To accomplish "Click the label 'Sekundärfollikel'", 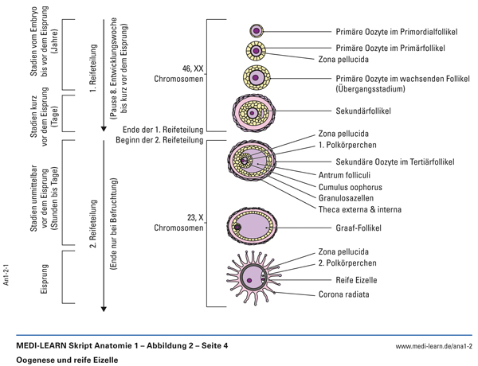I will click(349, 112).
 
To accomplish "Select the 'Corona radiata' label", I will click(345, 295).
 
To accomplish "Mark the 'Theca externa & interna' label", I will click(359, 209).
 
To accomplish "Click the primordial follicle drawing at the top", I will click(257, 30).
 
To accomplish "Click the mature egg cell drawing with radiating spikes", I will click(257, 277).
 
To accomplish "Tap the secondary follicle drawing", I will click(254, 112).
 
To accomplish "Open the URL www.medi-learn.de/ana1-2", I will click(434, 347).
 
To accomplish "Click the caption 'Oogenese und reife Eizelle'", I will click(66, 360).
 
